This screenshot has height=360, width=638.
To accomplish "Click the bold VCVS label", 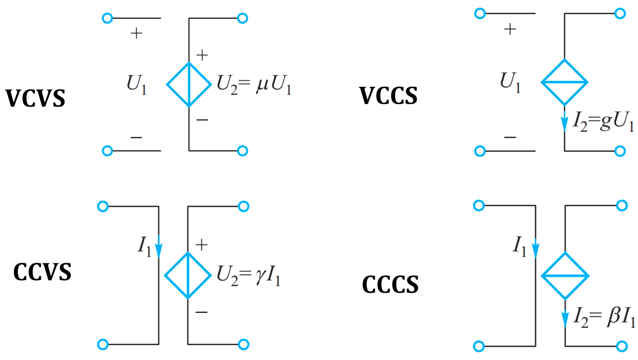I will [35, 98].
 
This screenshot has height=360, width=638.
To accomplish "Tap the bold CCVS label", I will [42, 272].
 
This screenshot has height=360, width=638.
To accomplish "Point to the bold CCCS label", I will [390, 285].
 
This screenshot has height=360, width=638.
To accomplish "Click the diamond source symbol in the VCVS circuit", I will [189, 84].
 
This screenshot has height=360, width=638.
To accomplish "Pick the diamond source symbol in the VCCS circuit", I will [564, 82].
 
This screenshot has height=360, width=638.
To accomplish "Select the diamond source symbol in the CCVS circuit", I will [188, 275].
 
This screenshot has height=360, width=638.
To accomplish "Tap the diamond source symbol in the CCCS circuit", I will [565, 276].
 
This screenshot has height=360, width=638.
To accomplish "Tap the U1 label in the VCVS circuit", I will [136, 86].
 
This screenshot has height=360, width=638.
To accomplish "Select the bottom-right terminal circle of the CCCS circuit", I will [621, 346].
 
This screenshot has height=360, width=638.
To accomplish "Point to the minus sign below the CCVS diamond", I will [201, 312].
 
